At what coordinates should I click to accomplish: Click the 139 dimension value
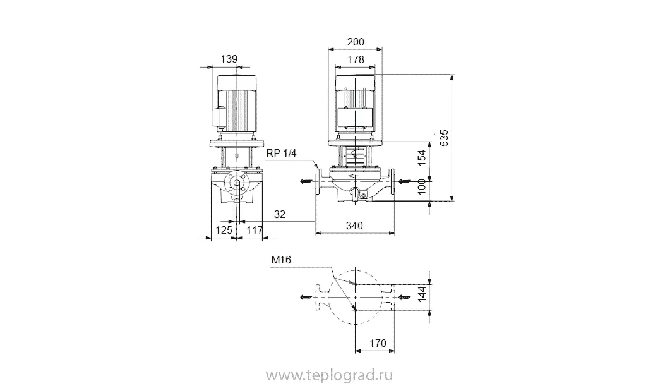pos(229,59)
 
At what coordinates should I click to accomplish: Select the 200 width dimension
pos(356,42)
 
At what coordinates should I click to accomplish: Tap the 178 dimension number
pos(356,59)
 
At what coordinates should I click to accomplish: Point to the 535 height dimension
pos(445,138)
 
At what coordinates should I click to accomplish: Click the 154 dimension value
pos(422,158)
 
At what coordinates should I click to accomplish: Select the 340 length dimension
pos(354,226)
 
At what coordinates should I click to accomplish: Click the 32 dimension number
pos(280,214)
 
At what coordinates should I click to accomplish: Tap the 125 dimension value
pos(224,230)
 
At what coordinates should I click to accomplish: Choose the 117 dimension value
pos(255,230)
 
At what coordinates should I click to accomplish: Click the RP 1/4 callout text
pos(282,154)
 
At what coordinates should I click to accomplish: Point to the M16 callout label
pos(281,260)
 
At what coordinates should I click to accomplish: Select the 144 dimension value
pos(422,294)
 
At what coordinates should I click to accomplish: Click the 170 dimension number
pos(378,343)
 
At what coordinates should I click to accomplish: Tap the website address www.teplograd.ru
pos(330,375)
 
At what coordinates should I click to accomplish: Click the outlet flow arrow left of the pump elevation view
pos(306,181)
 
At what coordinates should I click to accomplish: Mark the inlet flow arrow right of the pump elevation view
pos(405,181)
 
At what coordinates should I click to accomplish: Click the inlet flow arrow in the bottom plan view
pos(405,297)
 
